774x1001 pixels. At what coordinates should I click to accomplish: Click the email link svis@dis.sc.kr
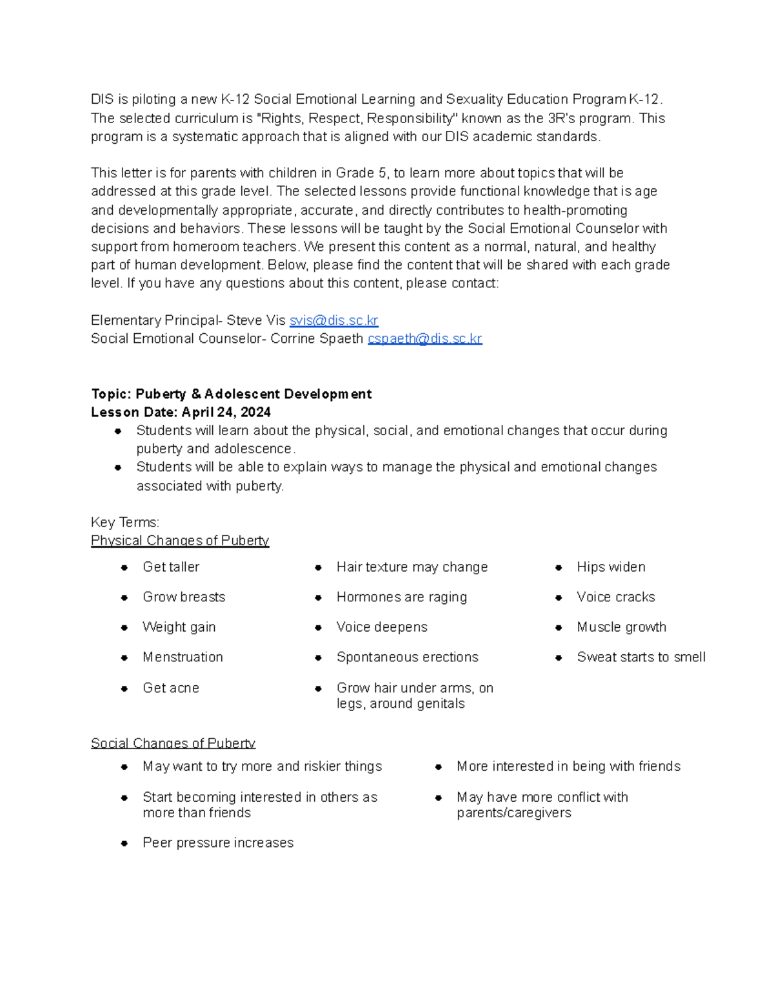pos(333,320)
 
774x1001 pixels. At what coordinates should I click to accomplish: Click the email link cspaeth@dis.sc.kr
pos(424,338)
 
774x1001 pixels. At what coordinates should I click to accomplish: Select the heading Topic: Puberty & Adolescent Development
pos(231,394)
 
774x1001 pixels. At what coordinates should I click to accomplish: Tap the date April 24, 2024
pos(226,412)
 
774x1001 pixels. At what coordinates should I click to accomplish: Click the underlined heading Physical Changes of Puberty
pos(180,540)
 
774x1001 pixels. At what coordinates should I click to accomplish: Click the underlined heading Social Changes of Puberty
pos(173,743)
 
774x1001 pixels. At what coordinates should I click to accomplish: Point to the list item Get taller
pos(171,567)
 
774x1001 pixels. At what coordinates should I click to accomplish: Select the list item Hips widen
pos(611,567)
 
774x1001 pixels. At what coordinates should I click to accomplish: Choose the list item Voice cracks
pos(615,597)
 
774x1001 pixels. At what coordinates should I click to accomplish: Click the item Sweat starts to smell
pos(640,657)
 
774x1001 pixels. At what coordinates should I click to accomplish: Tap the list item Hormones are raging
pos(401,597)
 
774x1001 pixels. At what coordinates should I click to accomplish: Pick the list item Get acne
pos(171,688)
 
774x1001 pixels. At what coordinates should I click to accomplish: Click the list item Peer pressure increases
pos(218,842)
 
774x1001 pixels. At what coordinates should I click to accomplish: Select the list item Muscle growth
pos(621,627)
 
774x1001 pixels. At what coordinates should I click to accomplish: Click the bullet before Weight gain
pos(124,627)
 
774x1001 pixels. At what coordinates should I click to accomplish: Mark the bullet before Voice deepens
pos(318,627)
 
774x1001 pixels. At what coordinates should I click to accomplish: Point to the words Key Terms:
pos(125,522)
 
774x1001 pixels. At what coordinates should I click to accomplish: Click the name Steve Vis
pos(256,320)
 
